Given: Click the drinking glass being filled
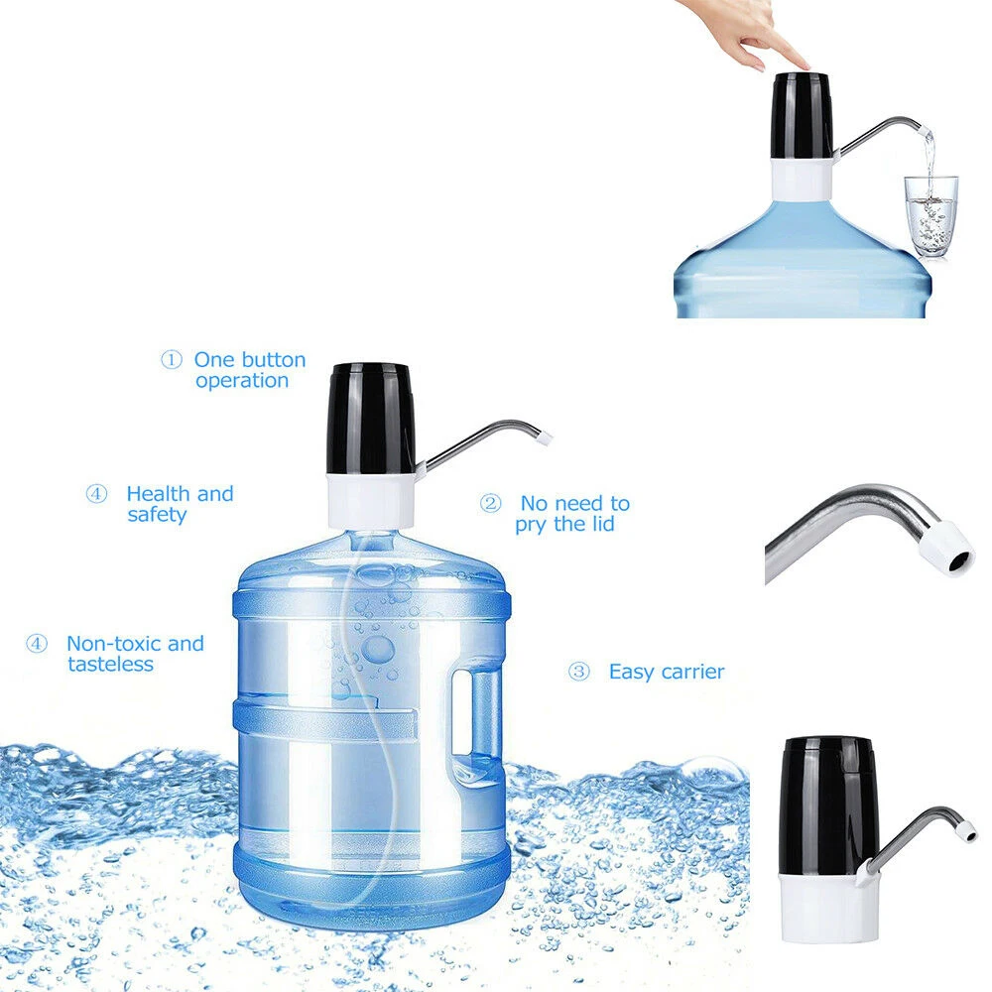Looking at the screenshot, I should click(930, 215).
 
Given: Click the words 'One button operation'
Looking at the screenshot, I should click(248, 370).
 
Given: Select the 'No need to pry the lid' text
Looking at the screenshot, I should click(573, 514).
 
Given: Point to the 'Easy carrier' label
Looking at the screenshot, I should click(666, 673).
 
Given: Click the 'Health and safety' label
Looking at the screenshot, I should click(179, 504).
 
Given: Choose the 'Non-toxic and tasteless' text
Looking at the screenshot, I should click(134, 654).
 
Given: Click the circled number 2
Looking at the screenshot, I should click(490, 504).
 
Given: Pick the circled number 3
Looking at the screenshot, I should click(578, 673).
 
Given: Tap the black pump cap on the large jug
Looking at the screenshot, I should click(371, 417).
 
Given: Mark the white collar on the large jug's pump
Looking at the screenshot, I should click(371, 498).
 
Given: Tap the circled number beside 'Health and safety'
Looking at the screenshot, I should click(96, 494).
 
